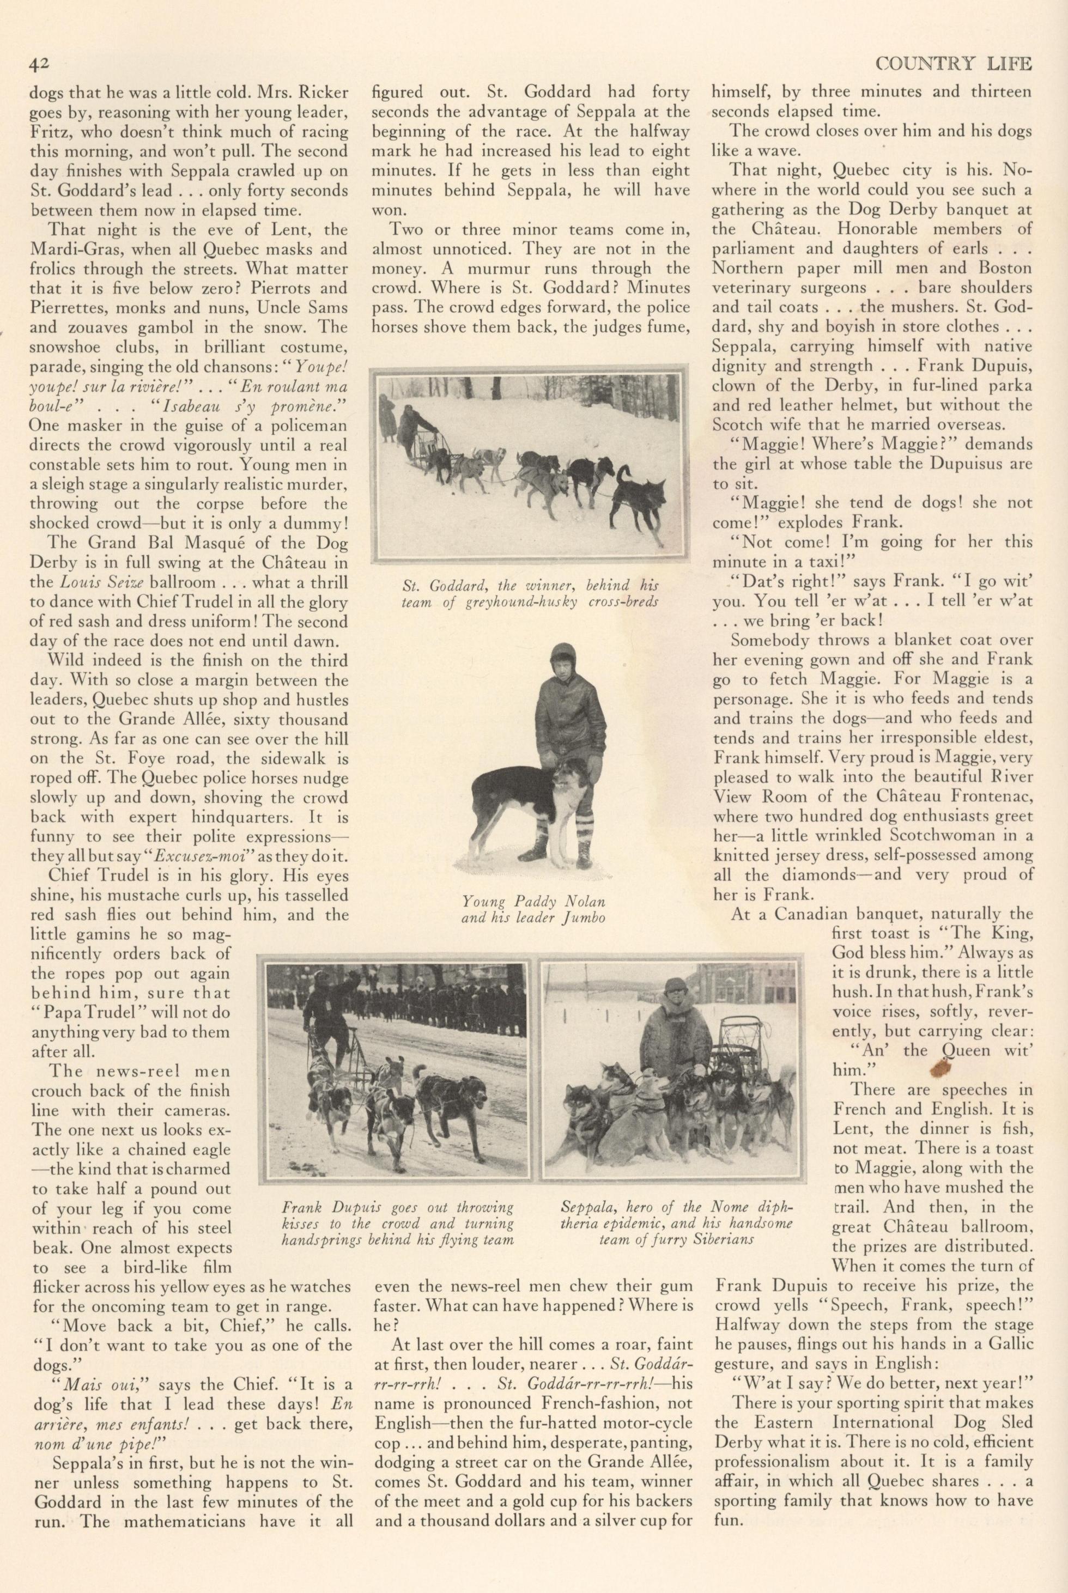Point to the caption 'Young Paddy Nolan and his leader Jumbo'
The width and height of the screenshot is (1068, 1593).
point(533,910)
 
